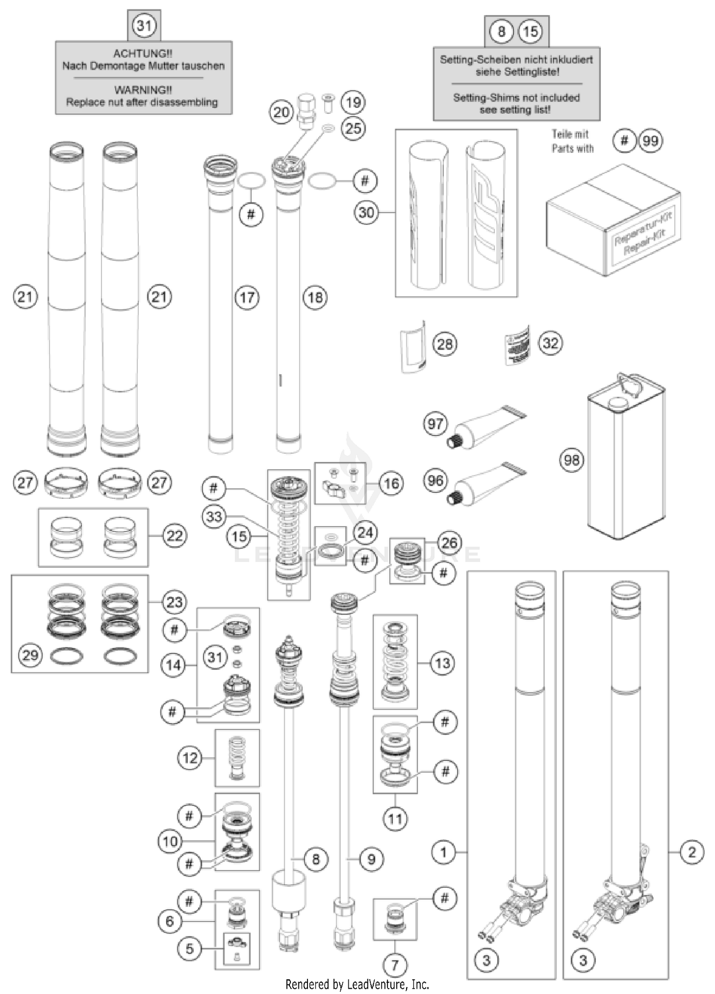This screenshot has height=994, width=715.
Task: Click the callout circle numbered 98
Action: pyautogui.click(x=572, y=460)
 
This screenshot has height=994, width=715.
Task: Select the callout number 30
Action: pyautogui.click(x=366, y=212)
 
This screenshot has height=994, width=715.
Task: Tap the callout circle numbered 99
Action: pyautogui.click(x=650, y=141)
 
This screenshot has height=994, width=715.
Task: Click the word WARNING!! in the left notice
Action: pyautogui.click(x=143, y=90)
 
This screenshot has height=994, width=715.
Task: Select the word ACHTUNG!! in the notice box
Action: pyautogui.click(x=143, y=53)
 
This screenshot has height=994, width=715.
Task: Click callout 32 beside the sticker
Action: pyautogui.click(x=551, y=343)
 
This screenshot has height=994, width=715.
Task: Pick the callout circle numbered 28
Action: pyautogui.click(x=444, y=344)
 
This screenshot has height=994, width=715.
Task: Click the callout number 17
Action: pyautogui.click(x=247, y=298)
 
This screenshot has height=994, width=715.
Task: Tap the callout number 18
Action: pyautogui.click(x=315, y=298)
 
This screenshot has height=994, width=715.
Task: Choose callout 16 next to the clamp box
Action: pyautogui.click(x=391, y=483)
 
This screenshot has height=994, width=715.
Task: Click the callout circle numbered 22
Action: pyautogui.click(x=174, y=536)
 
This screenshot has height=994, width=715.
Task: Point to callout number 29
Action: pyautogui.click(x=31, y=655)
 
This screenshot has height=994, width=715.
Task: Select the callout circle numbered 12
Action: pyautogui.click(x=190, y=758)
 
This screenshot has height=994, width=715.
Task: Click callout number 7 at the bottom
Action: pyautogui.click(x=395, y=965)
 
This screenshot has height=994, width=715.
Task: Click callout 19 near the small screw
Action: pyautogui.click(x=353, y=102)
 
